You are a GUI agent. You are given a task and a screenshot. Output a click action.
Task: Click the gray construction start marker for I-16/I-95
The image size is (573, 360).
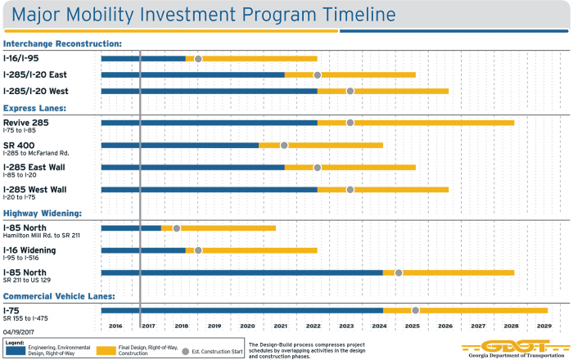pyautogui.click(x=198, y=58)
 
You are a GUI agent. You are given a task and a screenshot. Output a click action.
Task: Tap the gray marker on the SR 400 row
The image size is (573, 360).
pyautogui.click(x=284, y=146)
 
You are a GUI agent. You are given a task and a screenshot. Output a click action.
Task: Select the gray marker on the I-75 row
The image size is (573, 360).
pyautogui.click(x=416, y=310)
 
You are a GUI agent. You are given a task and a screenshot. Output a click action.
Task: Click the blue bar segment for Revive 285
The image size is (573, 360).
pyautogui.click(x=209, y=123)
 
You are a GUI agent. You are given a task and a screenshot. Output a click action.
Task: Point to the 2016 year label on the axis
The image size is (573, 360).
pyautogui.click(x=115, y=326)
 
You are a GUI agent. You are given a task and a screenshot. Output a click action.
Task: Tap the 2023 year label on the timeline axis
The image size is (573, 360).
pyautogui.click(x=346, y=326)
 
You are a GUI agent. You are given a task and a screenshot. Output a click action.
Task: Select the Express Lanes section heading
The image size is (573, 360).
pyautogui.click(x=35, y=108)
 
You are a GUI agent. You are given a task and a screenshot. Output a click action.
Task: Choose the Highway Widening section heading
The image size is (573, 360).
pyautogui.click(x=43, y=213)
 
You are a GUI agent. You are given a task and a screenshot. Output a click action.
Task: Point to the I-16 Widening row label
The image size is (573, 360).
pyautogui.click(x=29, y=250)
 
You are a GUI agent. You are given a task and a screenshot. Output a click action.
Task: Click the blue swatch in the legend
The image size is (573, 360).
pyautogui.click(x=15, y=350)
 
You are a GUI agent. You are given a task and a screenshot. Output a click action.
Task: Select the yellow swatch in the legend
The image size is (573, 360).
pyautogui.click(x=106, y=350)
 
